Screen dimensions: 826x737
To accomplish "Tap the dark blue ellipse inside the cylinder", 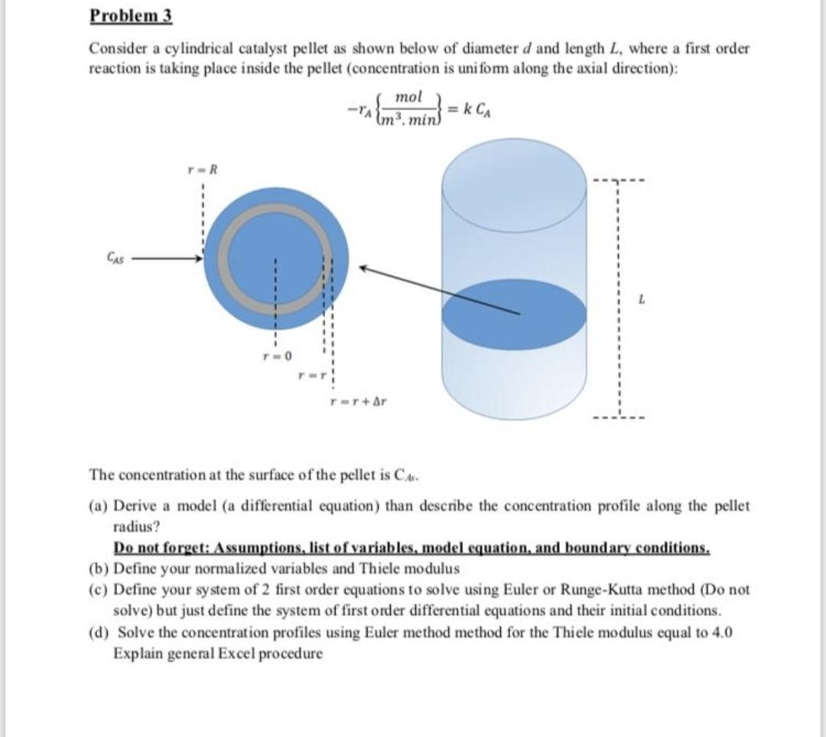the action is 514,315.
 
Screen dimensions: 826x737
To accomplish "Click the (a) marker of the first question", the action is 99,507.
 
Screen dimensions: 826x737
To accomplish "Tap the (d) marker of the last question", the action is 99,633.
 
